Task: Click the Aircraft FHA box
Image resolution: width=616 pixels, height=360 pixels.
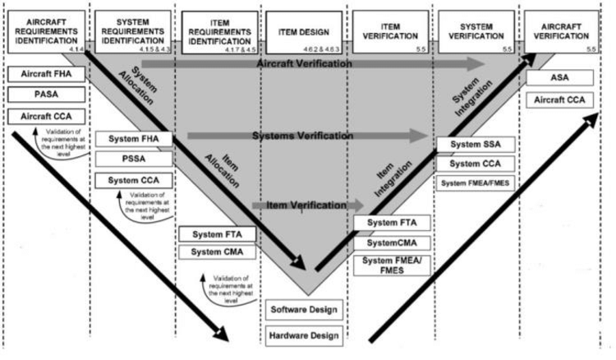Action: (43, 75)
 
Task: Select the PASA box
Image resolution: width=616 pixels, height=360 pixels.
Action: (43, 95)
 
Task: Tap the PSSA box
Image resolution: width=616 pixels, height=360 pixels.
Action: (133, 158)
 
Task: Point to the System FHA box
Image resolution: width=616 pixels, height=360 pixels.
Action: (133, 138)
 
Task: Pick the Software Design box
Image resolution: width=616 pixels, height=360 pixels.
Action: (305, 311)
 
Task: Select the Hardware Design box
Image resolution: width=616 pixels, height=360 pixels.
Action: (305, 335)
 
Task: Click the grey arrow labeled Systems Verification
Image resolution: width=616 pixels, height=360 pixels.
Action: (304, 136)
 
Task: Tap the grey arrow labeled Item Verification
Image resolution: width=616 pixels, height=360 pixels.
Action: (304, 204)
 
